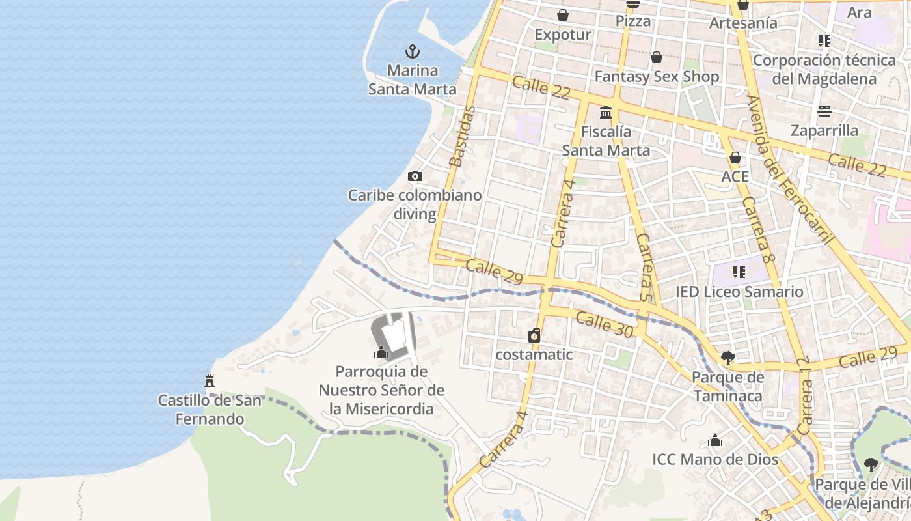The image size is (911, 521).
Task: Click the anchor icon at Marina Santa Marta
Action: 412,51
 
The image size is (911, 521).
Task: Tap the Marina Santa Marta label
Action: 412,79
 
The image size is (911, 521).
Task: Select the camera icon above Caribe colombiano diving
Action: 415,176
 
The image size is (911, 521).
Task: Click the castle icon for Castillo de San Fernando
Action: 210,380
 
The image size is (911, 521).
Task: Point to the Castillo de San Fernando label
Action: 210,409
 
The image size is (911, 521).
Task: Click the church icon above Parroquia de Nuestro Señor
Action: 381,352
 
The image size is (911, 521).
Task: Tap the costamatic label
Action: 534,354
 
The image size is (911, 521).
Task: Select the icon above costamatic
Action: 534,335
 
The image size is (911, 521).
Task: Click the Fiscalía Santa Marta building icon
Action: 606,112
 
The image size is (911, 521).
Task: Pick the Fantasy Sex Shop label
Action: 657,77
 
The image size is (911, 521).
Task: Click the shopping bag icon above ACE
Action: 735,158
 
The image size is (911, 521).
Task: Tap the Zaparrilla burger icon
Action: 824,111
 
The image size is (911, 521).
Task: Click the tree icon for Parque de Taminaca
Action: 727,358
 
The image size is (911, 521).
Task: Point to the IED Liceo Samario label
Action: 739,291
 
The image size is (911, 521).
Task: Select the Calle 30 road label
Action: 604,323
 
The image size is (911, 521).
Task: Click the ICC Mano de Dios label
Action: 715,459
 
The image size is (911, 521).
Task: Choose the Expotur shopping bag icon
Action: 563,15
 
